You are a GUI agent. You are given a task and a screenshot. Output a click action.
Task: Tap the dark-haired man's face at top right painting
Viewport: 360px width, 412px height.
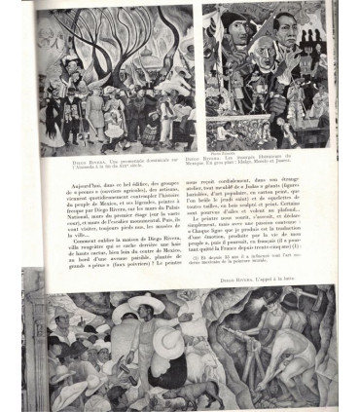(285, 21)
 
